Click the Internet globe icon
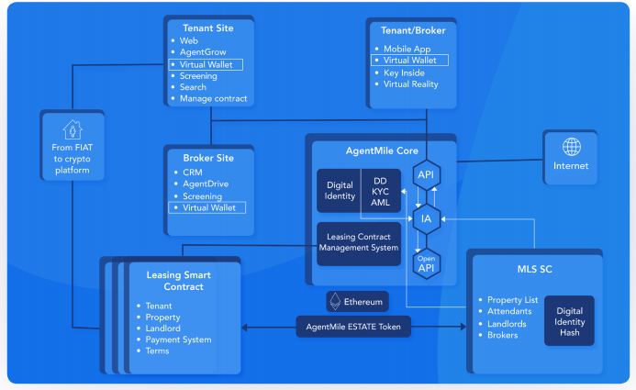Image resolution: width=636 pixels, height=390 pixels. pos(572,147)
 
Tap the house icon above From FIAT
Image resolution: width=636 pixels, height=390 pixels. pos(73,129)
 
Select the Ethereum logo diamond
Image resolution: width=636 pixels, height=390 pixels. pos(336,301)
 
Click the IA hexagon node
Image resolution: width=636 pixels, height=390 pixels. pos(426,218)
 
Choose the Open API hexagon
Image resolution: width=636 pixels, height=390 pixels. pos(427,262)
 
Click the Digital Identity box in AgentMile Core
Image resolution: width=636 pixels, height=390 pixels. pos(340,191)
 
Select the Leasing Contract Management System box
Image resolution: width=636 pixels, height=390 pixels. pos(359,243)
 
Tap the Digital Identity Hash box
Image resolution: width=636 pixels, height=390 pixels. pos(569,321)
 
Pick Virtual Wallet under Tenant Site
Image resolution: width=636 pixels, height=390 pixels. pos(206,65)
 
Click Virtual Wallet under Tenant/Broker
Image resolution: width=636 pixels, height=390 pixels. pos(409,60)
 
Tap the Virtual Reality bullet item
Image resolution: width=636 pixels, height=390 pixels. pos(412,84)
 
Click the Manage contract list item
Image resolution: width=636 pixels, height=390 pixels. pos(213,98)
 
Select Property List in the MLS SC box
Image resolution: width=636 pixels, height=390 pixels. pos(512,300)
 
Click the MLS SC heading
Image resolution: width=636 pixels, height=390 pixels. pos(535,269)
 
